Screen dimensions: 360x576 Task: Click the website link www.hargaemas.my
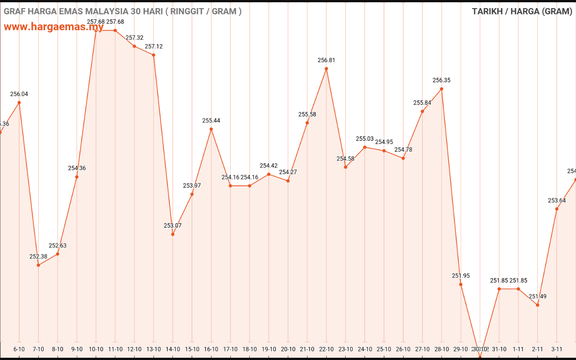(54, 27)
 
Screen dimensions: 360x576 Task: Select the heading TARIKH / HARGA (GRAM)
(522, 11)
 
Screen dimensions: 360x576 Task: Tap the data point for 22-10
(326, 68)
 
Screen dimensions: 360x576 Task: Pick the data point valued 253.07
(173, 234)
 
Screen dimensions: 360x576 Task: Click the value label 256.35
(441, 80)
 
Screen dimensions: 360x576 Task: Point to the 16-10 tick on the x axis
(211, 349)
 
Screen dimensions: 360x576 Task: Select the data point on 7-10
(38, 265)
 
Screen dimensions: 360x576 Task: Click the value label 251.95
(461, 276)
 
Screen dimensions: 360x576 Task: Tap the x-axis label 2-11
(538, 349)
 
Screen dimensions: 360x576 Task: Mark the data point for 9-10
(77, 177)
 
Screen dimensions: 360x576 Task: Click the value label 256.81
(326, 60)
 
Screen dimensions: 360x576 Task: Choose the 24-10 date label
(365, 349)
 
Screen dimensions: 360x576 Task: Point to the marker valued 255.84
(423, 111)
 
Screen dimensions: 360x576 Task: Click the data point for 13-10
(153, 55)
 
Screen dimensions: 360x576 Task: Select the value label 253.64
(557, 201)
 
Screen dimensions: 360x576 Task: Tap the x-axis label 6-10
(19, 349)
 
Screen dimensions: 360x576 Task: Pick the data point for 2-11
(538, 305)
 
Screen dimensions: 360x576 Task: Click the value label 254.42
(269, 166)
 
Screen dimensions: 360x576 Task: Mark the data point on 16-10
(211, 129)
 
